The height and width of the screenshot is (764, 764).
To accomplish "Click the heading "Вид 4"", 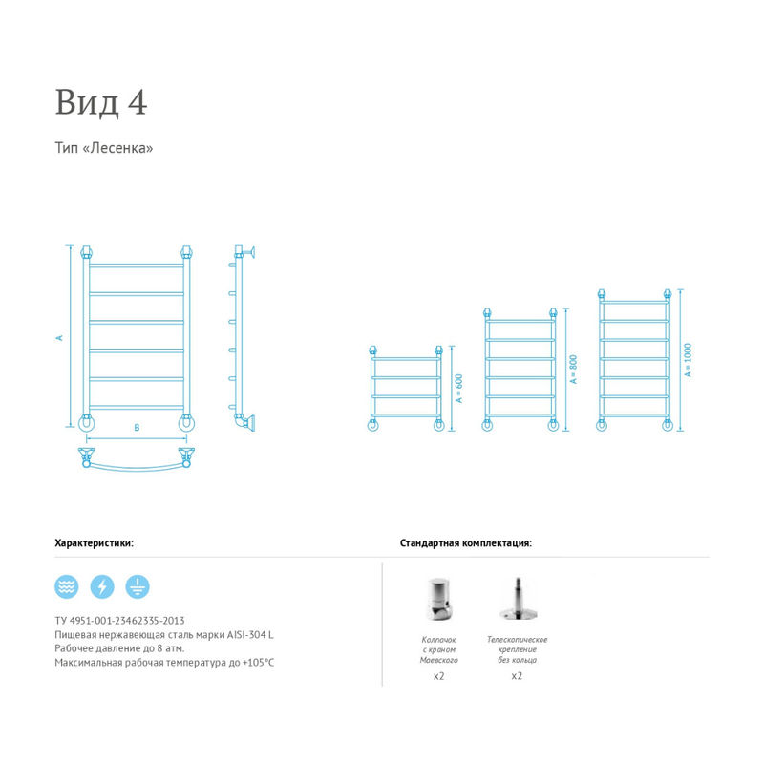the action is [101, 102].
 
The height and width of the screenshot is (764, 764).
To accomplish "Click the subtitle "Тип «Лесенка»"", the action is [104, 148].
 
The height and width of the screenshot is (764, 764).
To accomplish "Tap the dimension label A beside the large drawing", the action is [60, 338].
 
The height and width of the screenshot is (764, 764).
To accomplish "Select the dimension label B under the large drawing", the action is [137, 427].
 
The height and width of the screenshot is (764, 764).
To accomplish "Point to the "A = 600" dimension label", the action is [459, 388].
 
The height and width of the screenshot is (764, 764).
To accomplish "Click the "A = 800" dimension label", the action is [574, 370].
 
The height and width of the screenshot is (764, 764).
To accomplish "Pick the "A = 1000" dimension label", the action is [688, 360].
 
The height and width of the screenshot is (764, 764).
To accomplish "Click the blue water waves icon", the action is [67, 586].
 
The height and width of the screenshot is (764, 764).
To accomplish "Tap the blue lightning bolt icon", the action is [102, 586].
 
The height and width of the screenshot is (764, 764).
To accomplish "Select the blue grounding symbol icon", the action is [138, 586].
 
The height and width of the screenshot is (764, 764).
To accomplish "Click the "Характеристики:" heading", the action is [94, 542].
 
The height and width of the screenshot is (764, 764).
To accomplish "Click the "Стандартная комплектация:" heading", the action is [466, 542].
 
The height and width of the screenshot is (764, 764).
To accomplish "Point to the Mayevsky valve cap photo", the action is [438, 599].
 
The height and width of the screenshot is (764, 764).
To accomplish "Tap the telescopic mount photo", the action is [518, 599].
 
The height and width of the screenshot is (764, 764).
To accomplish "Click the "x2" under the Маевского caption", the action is [439, 676].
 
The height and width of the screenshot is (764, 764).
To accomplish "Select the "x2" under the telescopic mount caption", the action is [517, 676].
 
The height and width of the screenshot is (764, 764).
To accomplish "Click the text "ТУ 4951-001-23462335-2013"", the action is [120, 620].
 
